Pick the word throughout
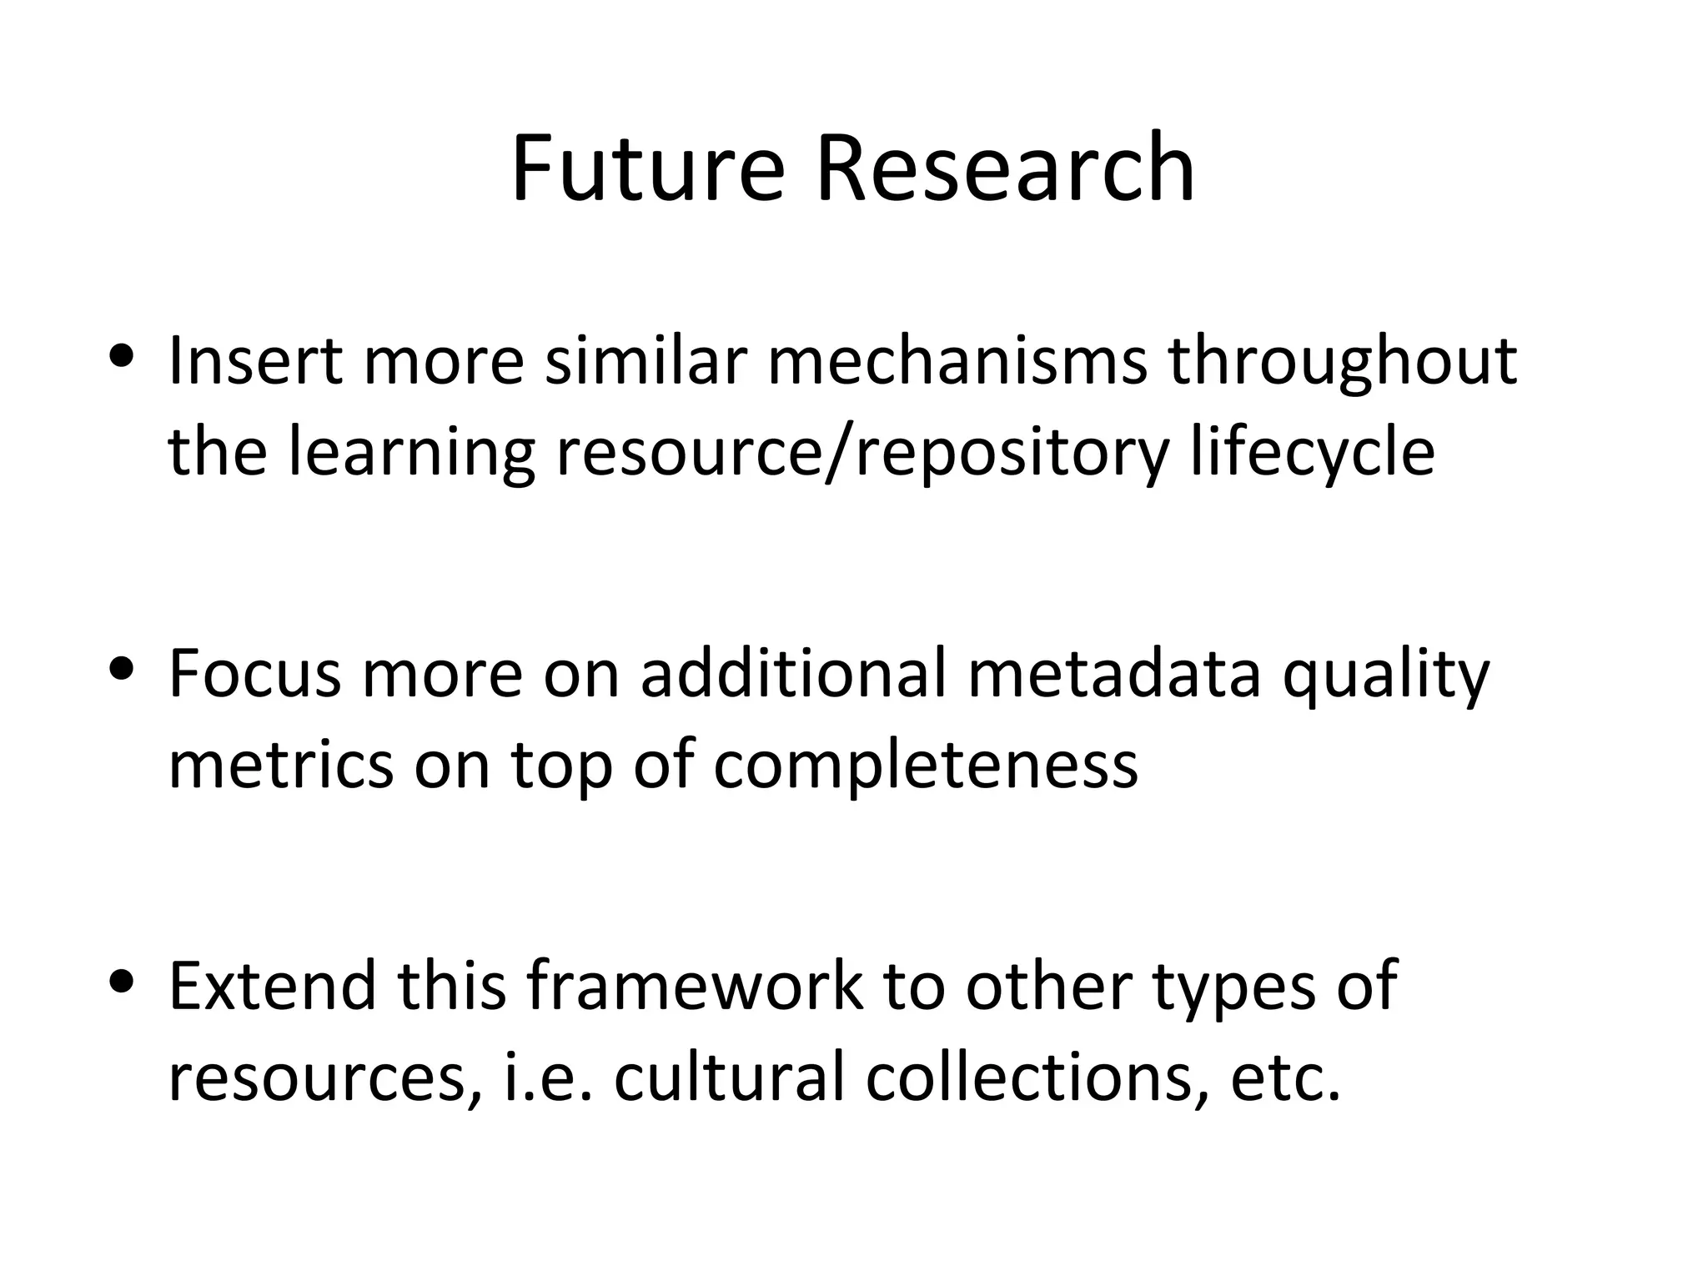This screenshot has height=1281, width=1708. [x=1341, y=364]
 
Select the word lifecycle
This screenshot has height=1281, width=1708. [x=1312, y=455]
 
